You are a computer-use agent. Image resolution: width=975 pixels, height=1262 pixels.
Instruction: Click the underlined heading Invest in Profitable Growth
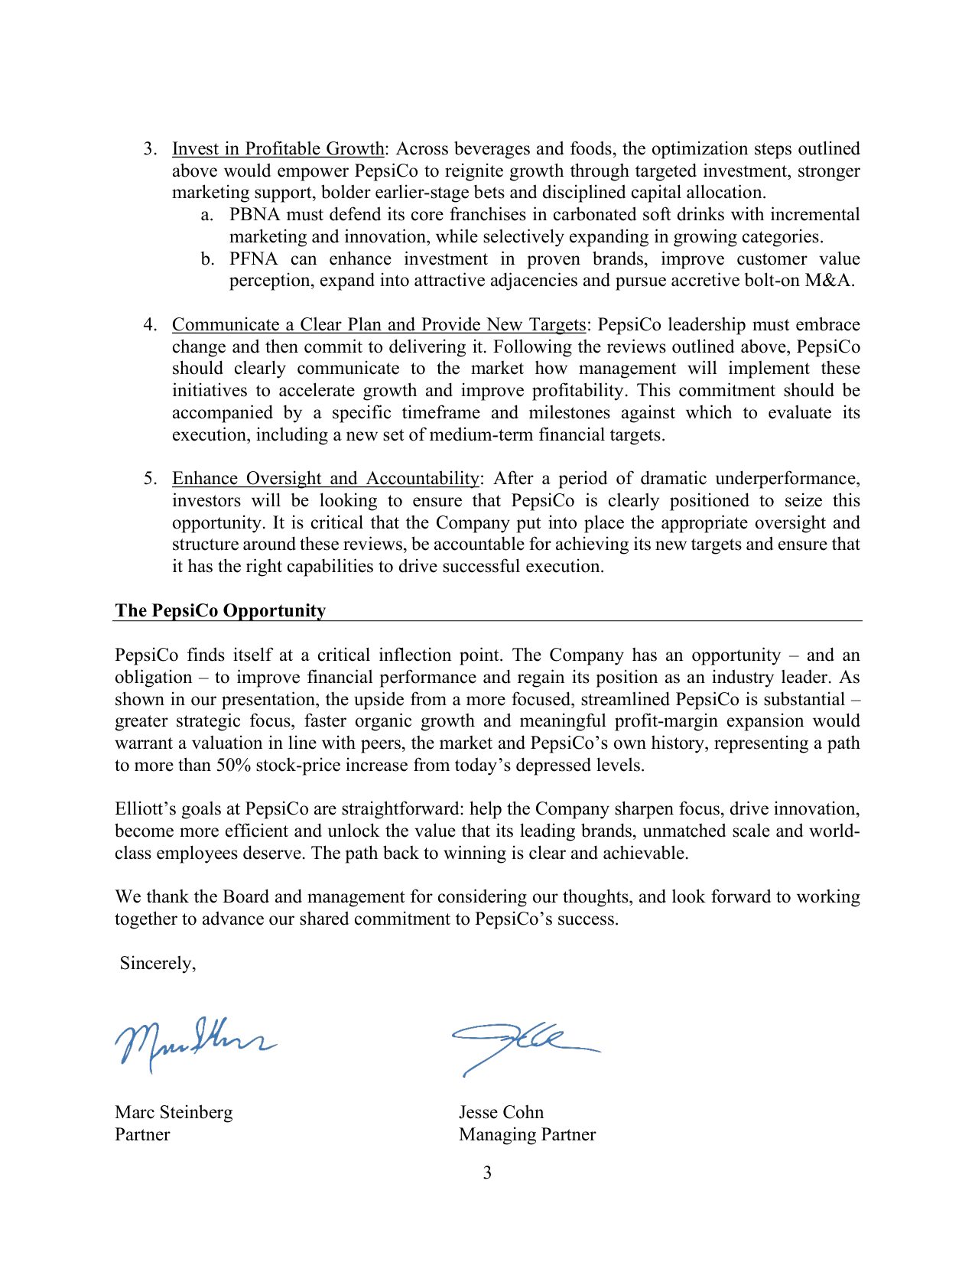tap(278, 149)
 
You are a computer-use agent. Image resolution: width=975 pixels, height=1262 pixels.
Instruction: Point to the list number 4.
tap(150, 325)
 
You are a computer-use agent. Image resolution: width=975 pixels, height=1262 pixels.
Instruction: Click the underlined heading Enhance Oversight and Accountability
tap(326, 479)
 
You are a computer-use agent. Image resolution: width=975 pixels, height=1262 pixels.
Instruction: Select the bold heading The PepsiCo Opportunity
tap(220, 610)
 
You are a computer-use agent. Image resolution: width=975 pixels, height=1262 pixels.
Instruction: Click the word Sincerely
tap(158, 964)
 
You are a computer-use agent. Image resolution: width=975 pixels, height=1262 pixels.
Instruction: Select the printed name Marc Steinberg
tap(174, 1112)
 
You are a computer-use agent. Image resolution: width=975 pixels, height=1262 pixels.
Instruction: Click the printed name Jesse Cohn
tap(501, 1112)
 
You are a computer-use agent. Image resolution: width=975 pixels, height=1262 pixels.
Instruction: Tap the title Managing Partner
tap(527, 1134)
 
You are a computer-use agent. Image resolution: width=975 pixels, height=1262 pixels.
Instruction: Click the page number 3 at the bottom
tap(487, 1173)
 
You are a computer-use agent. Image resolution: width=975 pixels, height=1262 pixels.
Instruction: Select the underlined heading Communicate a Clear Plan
tap(379, 325)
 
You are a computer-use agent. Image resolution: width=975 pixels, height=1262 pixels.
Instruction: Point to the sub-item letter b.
tap(207, 259)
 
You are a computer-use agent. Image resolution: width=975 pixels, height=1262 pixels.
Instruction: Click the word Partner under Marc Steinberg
tap(142, 1134)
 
